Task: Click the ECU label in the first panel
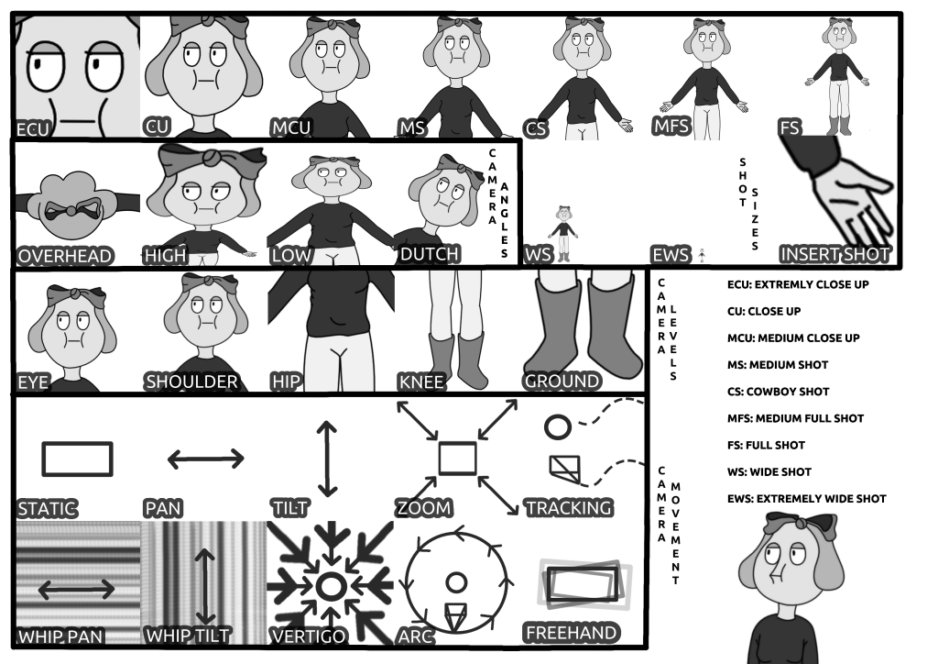click(32, 128)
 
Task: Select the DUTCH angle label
click(429, 254)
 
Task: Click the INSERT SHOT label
click(834, 254)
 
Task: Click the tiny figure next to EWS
click(702, 253)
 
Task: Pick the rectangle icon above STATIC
click(78, 459)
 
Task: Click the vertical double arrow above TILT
click(322, 459)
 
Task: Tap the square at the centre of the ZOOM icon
click(457, 458)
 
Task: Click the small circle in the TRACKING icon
click(557, 426)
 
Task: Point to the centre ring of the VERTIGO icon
click(331, 584)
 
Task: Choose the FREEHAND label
click(571, 633)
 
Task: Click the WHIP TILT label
click(188, 636)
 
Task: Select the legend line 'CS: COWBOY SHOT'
click(778, 392)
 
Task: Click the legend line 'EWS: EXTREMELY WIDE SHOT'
click(806, 499)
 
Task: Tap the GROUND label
click(562, 381)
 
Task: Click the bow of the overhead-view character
click(70, 210)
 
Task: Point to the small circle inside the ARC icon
click(455, 581)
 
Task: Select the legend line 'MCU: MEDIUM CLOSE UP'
click(793, 338)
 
